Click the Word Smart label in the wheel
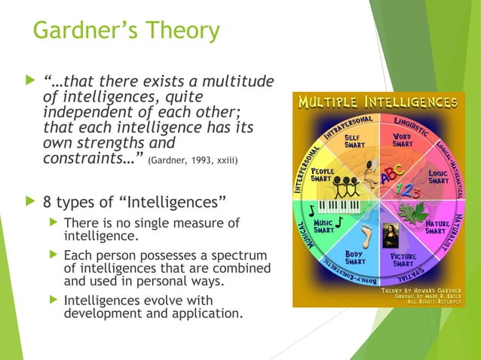[x=401, y=139]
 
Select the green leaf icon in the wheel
[x=413, y=213]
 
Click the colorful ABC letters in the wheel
[x=393, y=175]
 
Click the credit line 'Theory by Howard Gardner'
[x=422, y=289]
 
